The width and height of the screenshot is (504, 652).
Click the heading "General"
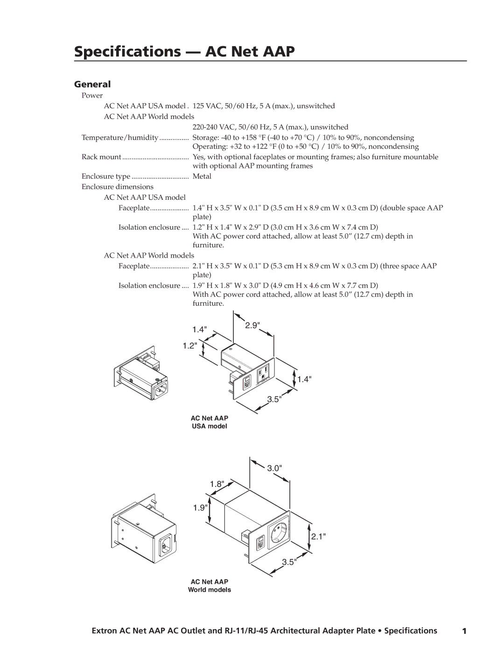point(92,84)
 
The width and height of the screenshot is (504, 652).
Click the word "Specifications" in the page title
point(127,52)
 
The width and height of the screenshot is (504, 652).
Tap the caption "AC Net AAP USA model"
point(210,422)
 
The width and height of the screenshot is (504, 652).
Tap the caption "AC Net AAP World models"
point(210,586)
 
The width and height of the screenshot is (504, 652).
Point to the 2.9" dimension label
point(252,325)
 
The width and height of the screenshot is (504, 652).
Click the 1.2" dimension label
point(190,346)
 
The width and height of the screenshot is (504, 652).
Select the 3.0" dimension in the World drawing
point(274,468)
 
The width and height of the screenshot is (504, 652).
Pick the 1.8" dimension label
point(217,484)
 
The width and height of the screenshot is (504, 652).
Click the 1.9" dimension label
point(200,508)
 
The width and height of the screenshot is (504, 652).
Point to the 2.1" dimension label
point(318,536)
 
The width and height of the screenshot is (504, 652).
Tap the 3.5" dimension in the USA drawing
point(274,400)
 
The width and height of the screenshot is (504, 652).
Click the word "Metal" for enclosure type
point(202,176)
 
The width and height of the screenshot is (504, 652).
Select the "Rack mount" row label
point(101,157)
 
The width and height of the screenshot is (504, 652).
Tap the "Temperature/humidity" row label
point(120,138)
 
